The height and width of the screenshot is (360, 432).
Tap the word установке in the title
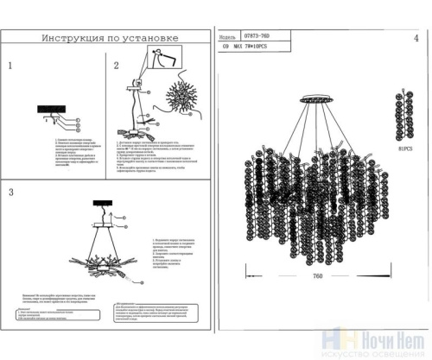(150, 39)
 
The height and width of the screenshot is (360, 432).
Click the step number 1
(10, 66)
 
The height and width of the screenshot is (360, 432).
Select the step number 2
(115, 66)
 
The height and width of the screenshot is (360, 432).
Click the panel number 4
(416, 39)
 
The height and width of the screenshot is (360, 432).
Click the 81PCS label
(406, 148)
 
